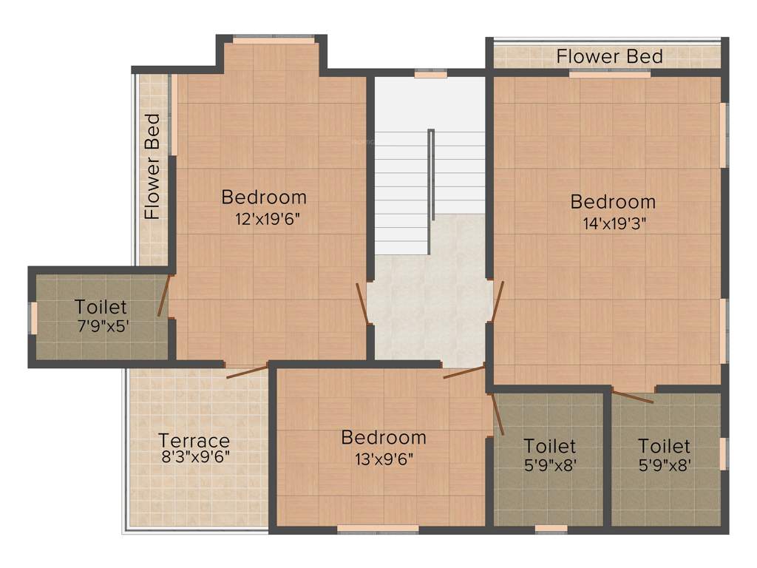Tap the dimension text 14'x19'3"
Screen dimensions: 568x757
613,224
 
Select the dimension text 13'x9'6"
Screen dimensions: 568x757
383,459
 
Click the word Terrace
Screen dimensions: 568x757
194,441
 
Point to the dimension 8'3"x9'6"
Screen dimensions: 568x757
195,456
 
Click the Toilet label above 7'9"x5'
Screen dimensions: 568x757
101,306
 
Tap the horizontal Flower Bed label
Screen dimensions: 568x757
609,56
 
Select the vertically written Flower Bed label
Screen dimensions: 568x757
152,166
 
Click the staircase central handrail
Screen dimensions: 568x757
431,175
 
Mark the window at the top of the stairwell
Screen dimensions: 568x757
430,74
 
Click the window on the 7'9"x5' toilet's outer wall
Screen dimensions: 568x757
33,317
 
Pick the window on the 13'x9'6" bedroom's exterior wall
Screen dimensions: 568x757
377,529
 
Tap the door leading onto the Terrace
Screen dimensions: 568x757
247,371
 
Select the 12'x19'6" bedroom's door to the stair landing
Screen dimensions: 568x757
362,303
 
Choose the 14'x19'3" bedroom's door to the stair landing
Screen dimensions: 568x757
498,301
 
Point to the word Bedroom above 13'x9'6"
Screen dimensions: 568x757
383,438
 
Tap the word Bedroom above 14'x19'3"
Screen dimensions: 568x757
613,202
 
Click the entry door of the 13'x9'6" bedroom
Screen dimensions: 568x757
464,371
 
